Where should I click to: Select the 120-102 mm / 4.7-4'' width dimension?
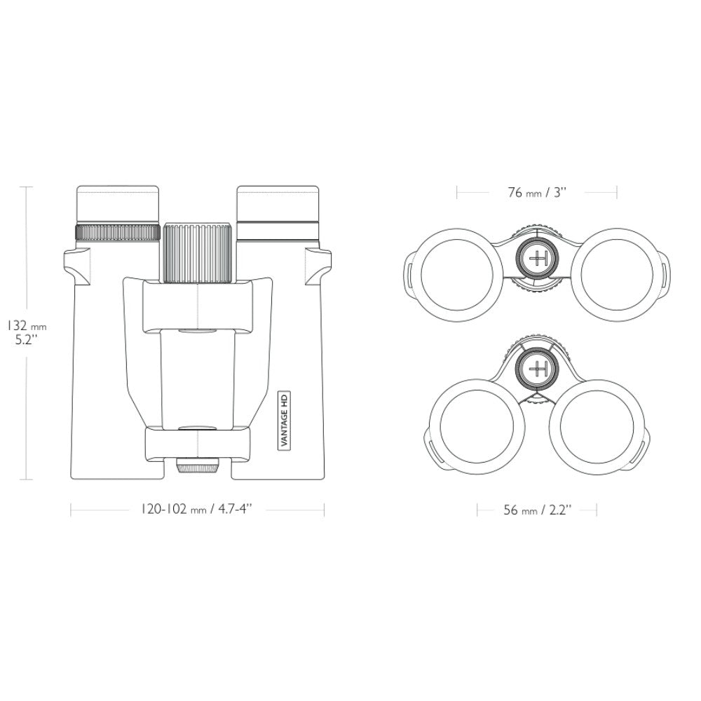tap(197, 509)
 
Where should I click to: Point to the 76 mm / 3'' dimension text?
tap(537, 193)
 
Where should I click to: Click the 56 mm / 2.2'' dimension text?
tap(538, 510)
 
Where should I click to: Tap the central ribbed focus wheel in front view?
tap(198, 253)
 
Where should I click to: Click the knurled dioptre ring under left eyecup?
tap(118, 233)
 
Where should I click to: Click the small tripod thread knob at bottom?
tap(197, 466)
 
